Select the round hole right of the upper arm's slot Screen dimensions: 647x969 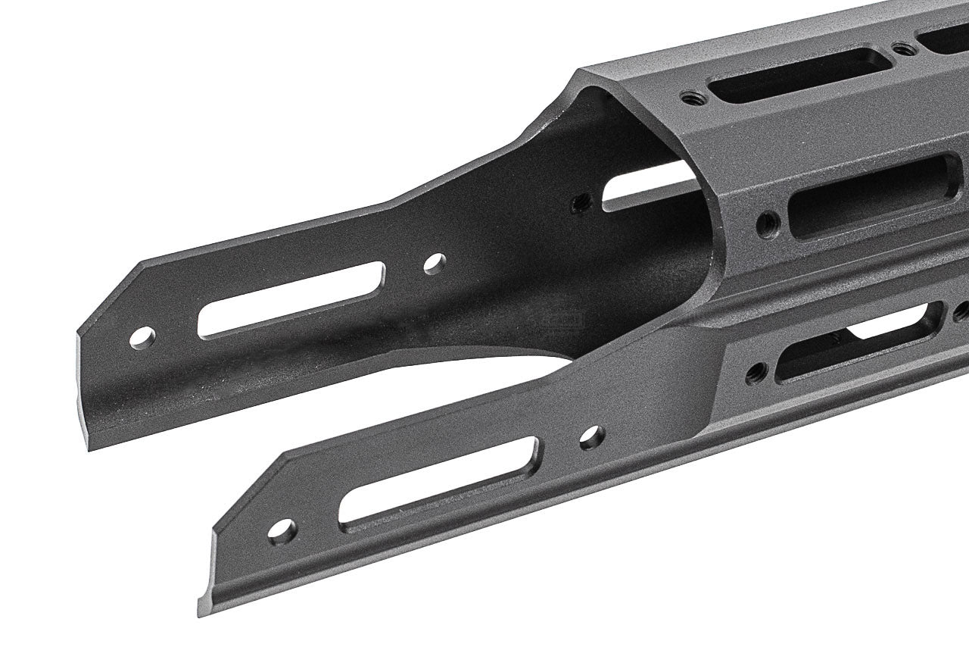click(433, 263)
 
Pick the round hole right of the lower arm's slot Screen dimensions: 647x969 click(590, 436)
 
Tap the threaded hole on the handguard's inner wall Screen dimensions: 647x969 click(581, 202)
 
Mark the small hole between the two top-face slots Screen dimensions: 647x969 click(901, 49)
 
